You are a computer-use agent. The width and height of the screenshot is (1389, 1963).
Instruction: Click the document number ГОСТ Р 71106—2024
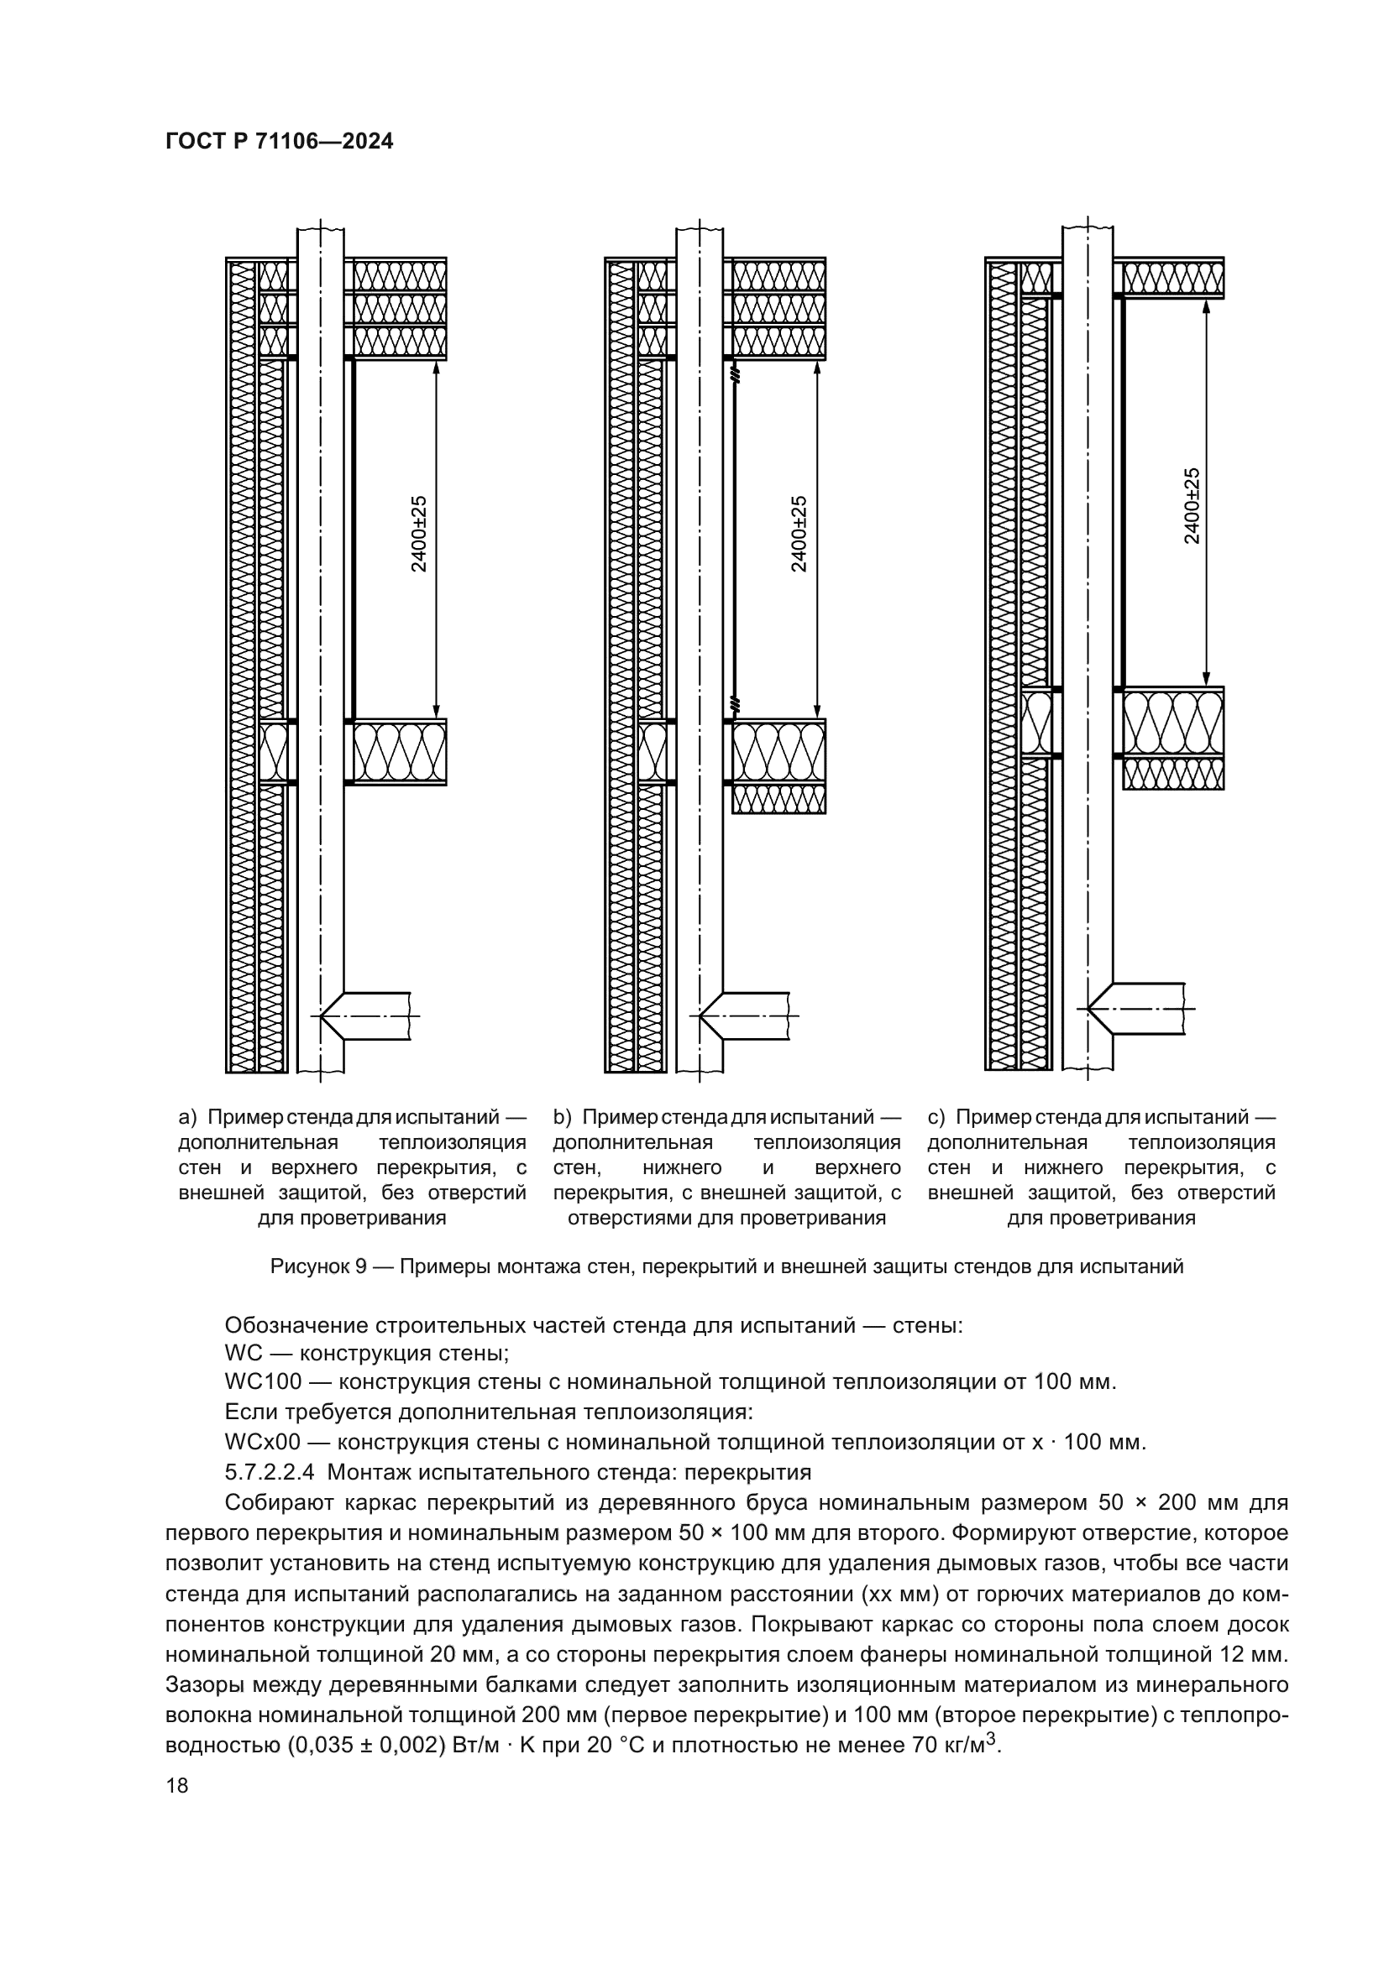[x=279, y=142]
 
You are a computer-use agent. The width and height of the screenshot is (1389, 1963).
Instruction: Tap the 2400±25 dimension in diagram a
[x=418, y=535]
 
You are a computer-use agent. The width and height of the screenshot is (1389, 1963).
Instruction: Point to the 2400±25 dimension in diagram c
[x=1192, y=505]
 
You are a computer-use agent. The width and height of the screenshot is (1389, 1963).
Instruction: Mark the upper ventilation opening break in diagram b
[x=735, y=373]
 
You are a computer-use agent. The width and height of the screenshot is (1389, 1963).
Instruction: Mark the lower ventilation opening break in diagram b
[x=735, y=704]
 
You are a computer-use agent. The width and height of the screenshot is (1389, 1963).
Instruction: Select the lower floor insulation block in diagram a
[x=400, y=751]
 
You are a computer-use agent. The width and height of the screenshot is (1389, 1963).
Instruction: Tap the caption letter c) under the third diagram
[x=936, y=1117]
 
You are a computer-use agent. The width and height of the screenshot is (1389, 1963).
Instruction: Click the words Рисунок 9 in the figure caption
[x=318, y=1267]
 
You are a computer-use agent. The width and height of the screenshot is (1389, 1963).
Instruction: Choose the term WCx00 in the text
[x=263, y=1443]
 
